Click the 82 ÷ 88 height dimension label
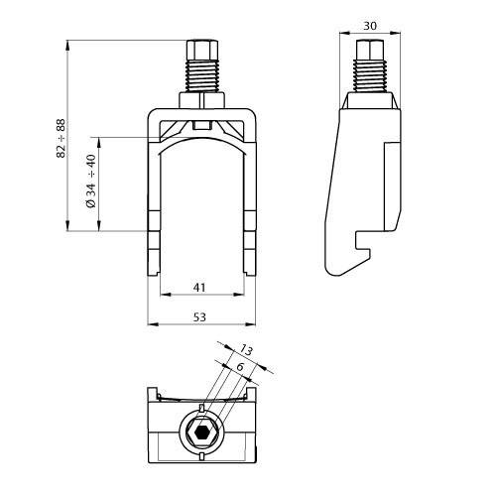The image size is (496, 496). [62, 139]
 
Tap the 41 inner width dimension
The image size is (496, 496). [200, 287]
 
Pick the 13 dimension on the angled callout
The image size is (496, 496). [247, 349]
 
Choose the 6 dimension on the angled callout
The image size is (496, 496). [238, 367]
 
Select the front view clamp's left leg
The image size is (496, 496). [154, 218]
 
